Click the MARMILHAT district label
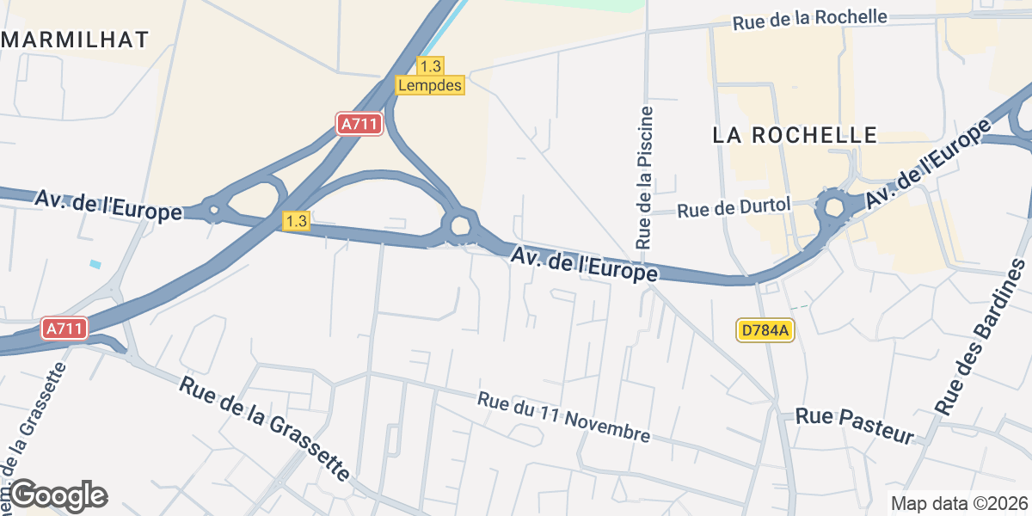click(75, 40)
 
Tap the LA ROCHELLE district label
click(795, 135)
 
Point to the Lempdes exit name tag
click(430, 85)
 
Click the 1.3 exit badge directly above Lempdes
click(429, 66)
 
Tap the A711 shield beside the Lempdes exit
click(359, 124)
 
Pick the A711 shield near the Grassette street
click(64, 328)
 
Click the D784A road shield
click(764, 329)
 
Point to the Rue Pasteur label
click(854, 426)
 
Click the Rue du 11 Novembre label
click(564, 417)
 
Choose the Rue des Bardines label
click(982, 336)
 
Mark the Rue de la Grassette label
click(265, 427)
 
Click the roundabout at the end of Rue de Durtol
click(832, 206)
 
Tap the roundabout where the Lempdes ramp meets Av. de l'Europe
click(459, 225)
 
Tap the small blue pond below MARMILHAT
click(95, 263)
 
